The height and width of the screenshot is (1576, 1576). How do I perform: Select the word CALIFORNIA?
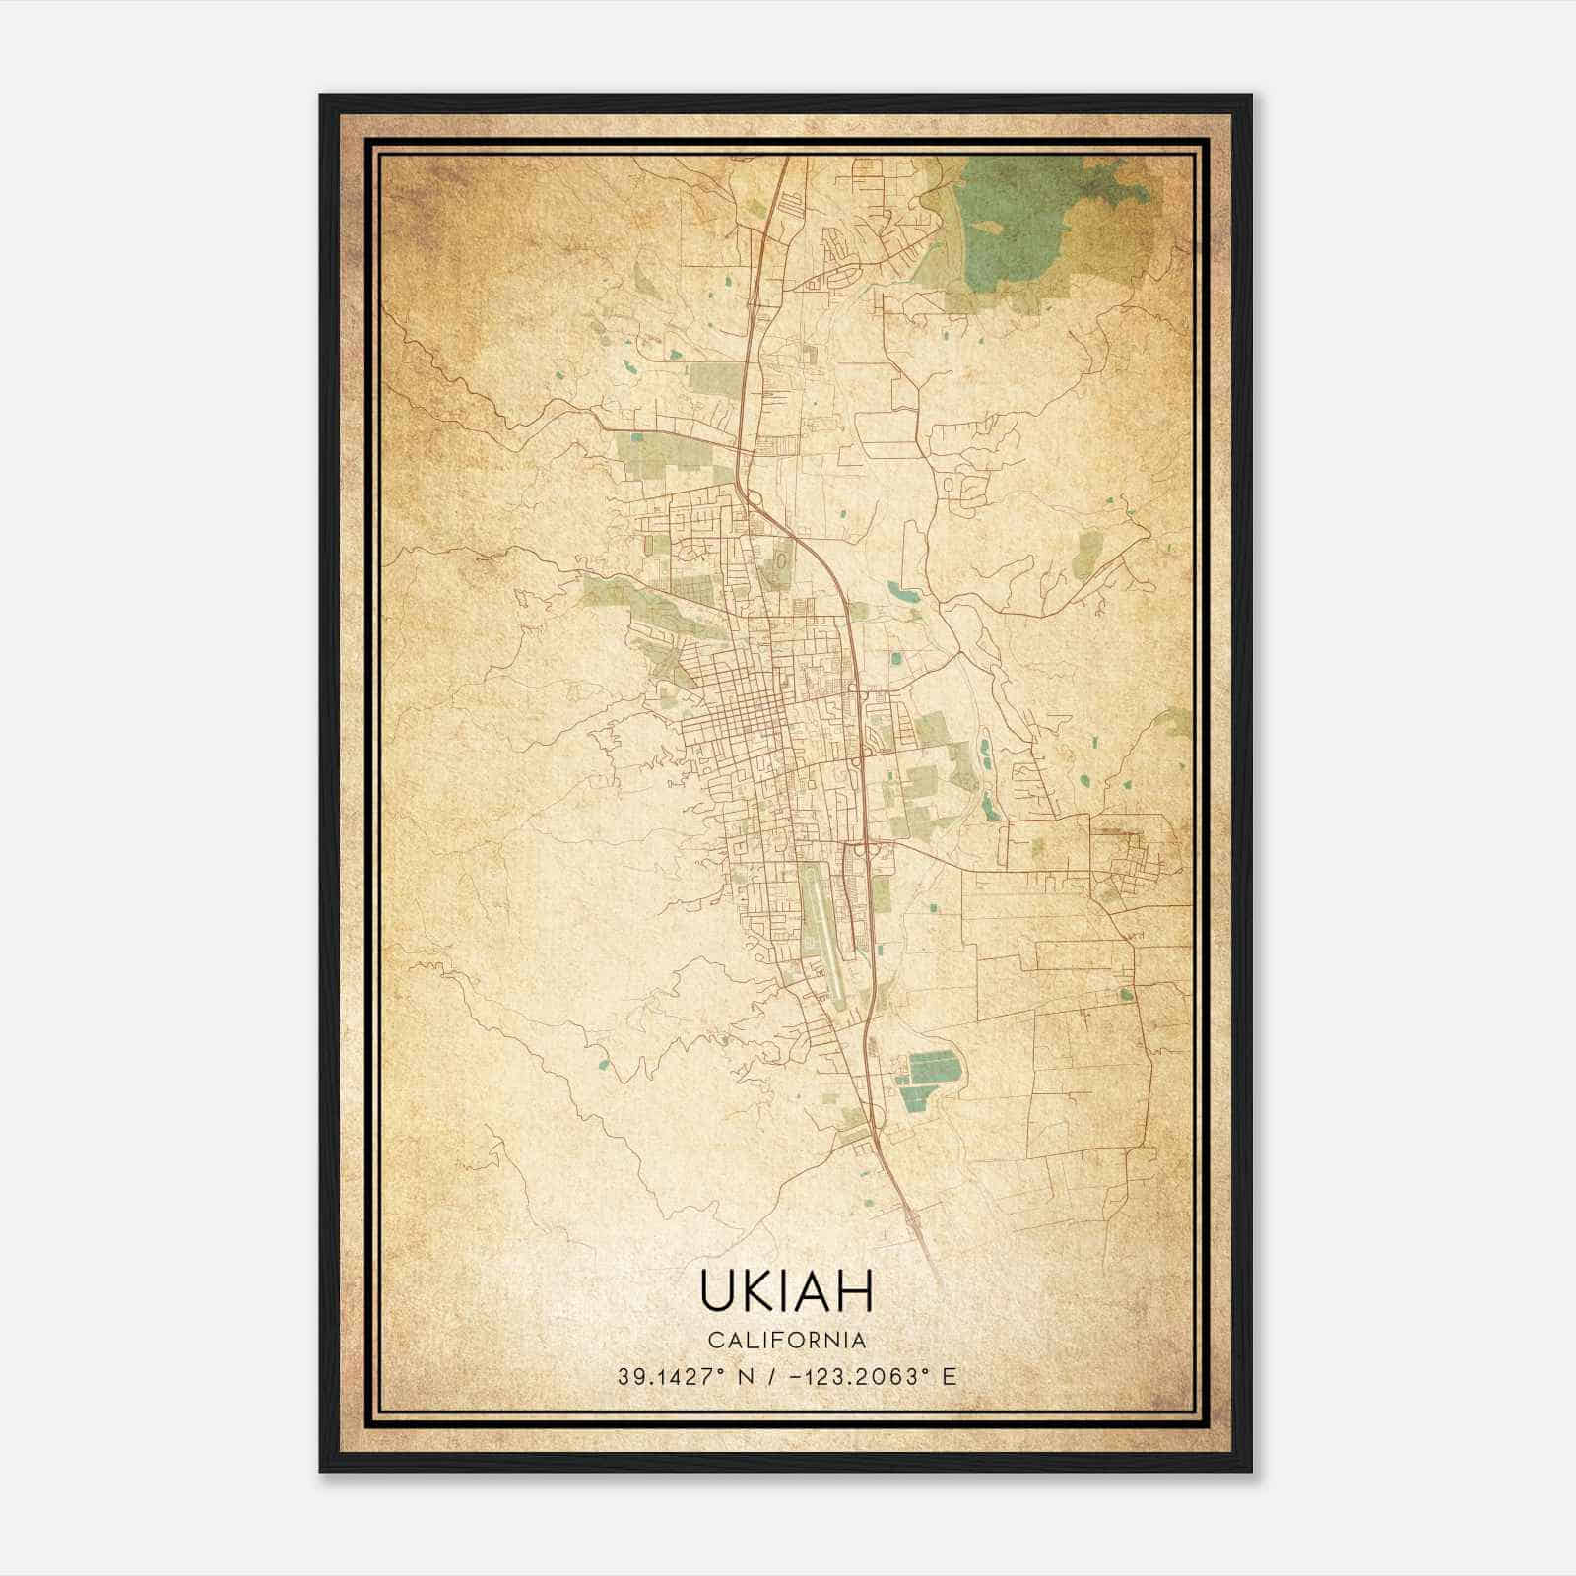click(x=787, y=1341)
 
